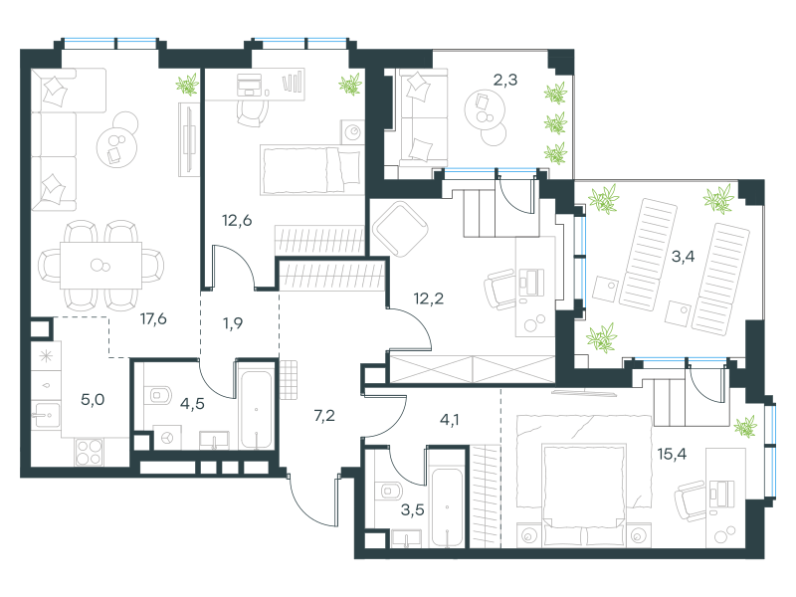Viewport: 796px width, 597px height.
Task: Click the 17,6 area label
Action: coord(153,318)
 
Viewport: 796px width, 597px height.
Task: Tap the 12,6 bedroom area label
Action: coord(237,220)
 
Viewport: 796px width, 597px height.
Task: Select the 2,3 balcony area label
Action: coord(505,80)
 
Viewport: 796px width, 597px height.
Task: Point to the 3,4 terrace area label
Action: coord(683,257)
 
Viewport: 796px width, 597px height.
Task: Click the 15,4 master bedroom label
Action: coord(672,454)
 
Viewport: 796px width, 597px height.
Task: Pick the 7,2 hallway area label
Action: coord(324,416)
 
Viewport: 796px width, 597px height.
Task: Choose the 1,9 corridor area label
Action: coord(233,323)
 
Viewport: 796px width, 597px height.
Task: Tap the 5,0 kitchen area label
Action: coord(93,400)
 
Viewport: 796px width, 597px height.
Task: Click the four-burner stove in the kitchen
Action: coord(90,452)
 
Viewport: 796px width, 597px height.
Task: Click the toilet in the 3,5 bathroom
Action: coord(390,491)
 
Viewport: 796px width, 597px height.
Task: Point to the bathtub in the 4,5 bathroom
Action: coord(256,410)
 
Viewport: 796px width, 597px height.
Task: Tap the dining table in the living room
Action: coord(101,266)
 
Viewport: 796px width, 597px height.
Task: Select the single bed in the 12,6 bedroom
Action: coord(311,170)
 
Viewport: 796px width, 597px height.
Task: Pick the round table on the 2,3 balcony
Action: coord(485,109)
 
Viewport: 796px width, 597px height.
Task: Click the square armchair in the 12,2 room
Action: coord(400,229)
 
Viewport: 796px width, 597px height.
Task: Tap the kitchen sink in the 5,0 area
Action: coord(46,415)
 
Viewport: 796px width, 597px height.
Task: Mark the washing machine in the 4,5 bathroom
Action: coord(167,437)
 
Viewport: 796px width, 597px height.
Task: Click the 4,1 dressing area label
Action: coord(450,420)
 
